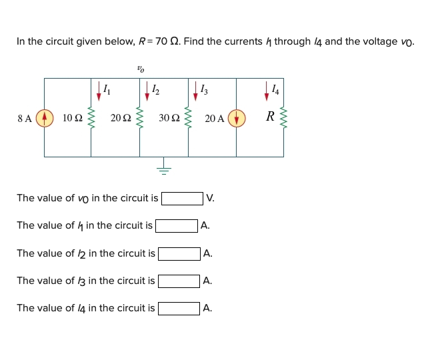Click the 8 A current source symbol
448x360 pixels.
click(45, 118)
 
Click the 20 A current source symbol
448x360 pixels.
click(237, 118)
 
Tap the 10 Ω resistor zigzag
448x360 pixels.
click(91, 118)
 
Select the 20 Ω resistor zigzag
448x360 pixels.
click(139, 118)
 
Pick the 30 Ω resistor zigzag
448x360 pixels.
click(188, 118)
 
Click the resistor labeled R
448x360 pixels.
click(283, 118)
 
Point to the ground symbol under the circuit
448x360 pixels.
click(164, 169)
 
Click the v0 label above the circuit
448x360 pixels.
click(140, 67)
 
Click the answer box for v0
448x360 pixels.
click(182, 199)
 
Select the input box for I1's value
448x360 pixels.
click(177, 226)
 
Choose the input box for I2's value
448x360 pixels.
click(179, 253)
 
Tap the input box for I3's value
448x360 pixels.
click(179, 281)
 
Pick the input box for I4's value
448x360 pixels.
click(179, 308)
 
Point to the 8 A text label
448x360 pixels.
click(25, 119)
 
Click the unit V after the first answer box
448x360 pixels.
click(210, 199)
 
